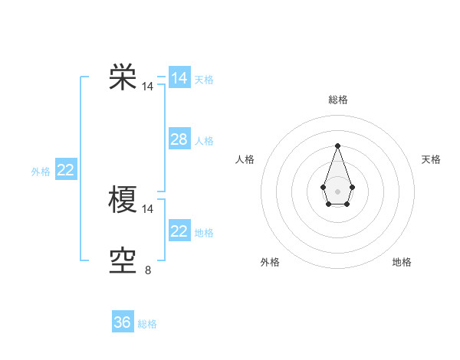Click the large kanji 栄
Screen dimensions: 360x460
click(123, 77)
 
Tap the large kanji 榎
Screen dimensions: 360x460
click(123, 199)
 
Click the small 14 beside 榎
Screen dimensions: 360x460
click(148, 208)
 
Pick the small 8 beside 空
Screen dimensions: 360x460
click(148, 270)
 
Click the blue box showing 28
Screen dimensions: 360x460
click(179, 139)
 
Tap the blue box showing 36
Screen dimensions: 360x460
click(123, 322)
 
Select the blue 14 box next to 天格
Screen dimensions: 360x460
click(179, 78)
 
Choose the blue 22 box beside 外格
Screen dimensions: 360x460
click(65, 170)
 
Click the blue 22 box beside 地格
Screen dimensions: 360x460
click(179, 231)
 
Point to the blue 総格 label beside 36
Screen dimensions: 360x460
click(147, 324)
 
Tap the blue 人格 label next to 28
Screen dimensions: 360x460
click(204, 141)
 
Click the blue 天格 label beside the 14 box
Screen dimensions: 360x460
click(204, 80)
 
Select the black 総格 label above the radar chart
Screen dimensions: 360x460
click(337, 100)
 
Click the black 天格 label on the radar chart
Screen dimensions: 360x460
click(432, 159)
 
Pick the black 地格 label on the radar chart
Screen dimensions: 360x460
click(402, 262)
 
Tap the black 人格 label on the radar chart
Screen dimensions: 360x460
click(245, 159)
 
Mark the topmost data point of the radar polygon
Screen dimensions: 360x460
click(337, 146)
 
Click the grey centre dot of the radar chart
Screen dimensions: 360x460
click(337, 190)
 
